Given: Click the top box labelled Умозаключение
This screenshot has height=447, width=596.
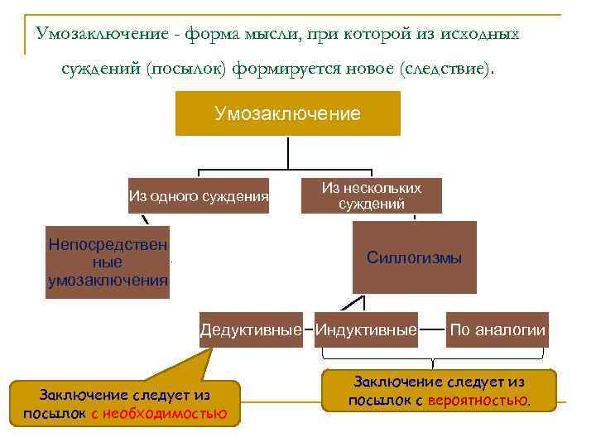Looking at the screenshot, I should (287, 113).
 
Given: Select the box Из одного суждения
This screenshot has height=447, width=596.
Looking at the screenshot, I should (199, 196).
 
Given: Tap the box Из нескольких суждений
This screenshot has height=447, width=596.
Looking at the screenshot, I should (371, 196).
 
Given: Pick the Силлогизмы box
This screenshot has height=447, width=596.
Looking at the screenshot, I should (414, 257).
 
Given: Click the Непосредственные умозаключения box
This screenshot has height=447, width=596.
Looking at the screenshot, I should (108, 262).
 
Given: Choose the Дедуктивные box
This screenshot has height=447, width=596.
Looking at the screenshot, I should (251, 330).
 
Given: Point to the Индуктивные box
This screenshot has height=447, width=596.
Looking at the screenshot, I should (365, 330).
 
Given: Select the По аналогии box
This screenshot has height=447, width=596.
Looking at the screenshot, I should (497, 330).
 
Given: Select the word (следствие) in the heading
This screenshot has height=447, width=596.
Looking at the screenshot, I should (446, 69).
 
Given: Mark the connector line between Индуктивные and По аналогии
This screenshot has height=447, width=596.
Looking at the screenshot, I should (432, 330).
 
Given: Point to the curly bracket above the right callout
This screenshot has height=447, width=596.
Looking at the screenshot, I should (433, 360).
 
